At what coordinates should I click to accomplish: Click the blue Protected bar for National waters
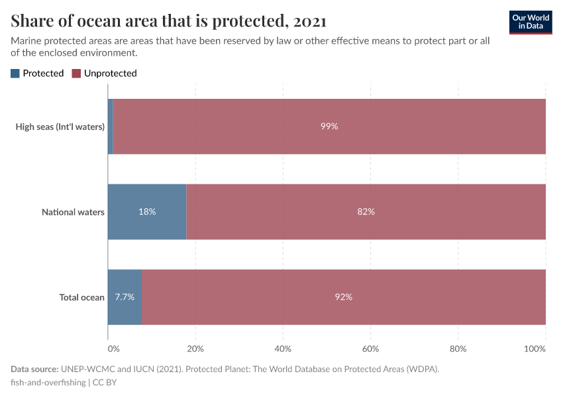147,226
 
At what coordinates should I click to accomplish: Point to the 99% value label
329,126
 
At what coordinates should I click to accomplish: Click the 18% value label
147,212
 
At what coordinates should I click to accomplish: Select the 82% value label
366,212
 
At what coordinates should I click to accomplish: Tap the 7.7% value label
125,297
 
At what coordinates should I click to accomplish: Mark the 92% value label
344,297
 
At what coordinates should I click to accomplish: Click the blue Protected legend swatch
15,74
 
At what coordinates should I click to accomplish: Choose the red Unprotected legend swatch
76,74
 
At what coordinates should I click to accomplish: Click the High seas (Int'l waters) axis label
60,127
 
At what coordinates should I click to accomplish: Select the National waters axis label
73,212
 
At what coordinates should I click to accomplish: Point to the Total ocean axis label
82,297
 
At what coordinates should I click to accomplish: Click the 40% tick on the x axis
283,349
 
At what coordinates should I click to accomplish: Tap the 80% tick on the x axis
458,349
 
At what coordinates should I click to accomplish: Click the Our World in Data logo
531,21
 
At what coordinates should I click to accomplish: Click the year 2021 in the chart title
309,22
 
